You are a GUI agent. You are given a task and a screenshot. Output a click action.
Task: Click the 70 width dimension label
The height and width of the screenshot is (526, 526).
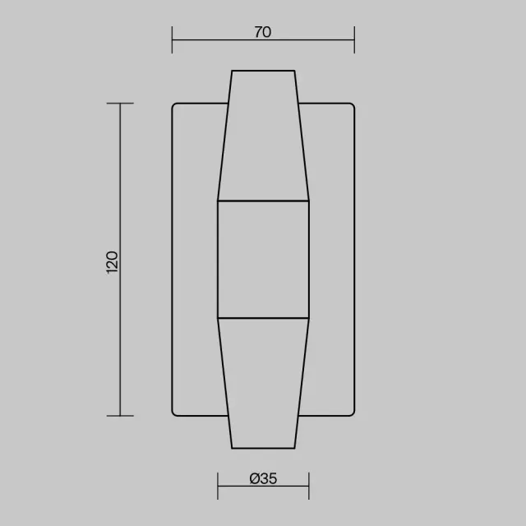click(x=263, y=32)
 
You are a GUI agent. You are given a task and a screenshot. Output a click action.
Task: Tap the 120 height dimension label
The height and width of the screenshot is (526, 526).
click(x=112, y=262)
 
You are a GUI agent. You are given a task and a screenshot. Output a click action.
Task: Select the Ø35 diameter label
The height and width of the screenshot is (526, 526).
click(x=263, y=478)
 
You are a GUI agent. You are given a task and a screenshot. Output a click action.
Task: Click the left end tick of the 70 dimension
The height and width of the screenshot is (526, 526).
click(x=172, y=40)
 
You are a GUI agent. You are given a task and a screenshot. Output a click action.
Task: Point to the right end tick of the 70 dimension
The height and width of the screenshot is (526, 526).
click(x=354, y=40)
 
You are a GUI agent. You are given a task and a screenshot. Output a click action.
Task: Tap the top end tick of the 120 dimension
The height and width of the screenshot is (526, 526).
click(x=120, y=104)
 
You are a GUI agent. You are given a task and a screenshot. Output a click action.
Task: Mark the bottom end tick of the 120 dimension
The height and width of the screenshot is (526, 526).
click(x=120, y=416)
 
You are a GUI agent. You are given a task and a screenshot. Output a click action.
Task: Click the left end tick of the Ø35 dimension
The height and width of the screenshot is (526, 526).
click(x=218, y=486)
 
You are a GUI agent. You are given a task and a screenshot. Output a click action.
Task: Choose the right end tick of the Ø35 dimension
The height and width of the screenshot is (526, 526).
click(x=309, y=486)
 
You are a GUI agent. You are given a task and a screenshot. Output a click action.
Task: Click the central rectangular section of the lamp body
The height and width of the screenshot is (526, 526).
click(x=263, y=260)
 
